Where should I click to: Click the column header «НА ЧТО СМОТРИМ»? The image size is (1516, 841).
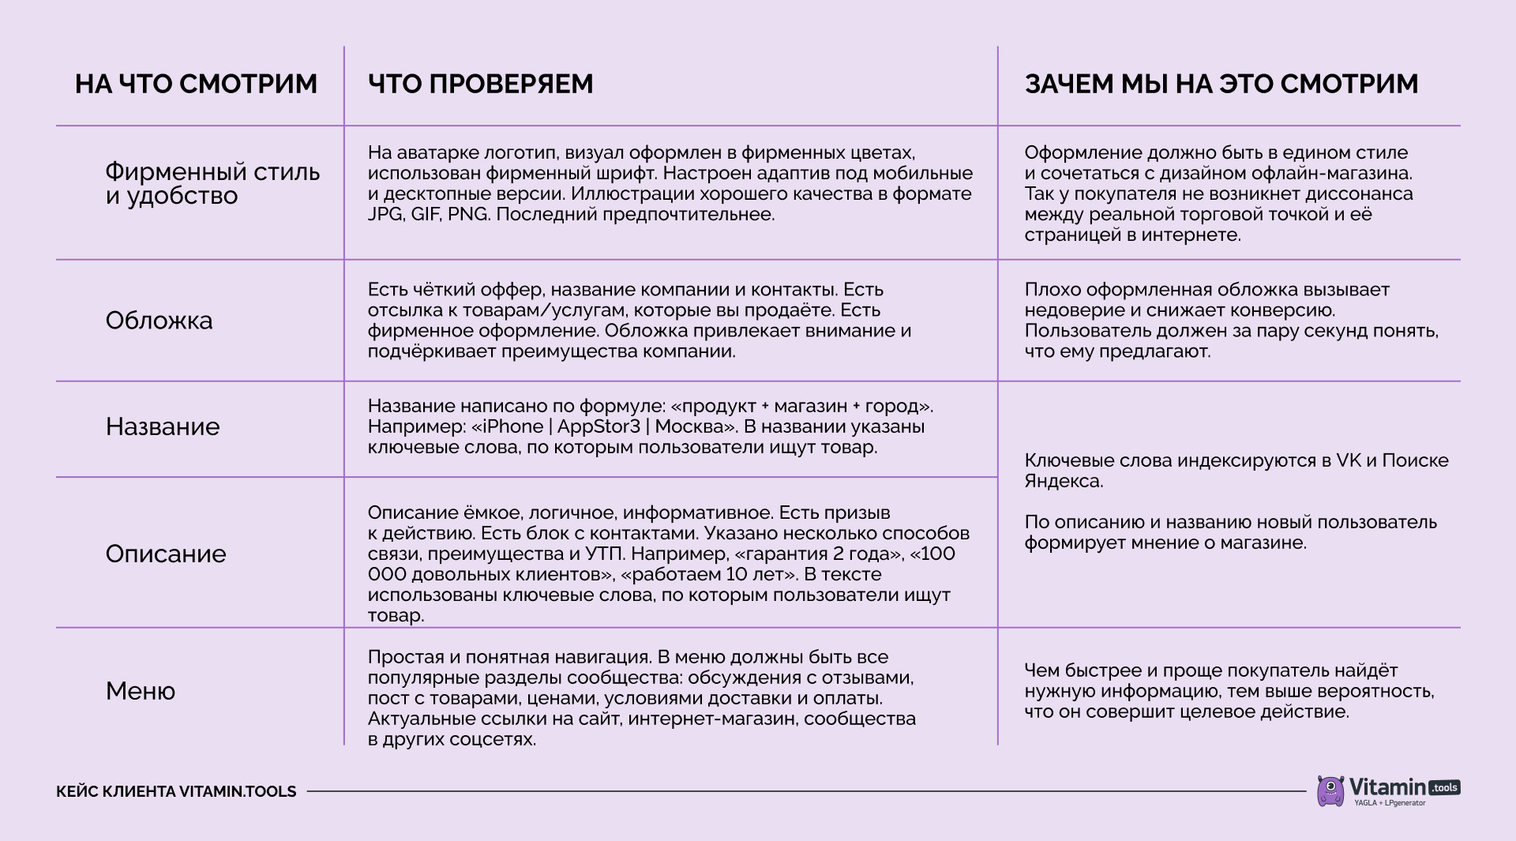click(196, 84)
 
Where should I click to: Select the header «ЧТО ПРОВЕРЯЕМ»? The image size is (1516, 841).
click(480, 84)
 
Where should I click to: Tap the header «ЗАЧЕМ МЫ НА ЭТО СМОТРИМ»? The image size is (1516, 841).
click(1221, 84)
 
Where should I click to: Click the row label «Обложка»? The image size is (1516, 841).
click(159, 321)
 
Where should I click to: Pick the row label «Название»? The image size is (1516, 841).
click(163, 426)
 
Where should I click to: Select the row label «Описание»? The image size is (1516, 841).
click(166, 554)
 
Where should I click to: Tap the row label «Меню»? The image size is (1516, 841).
click(141, 691)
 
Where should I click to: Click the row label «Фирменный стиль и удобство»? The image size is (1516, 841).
click(212, 183)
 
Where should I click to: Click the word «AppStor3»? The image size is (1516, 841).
click(599, 427)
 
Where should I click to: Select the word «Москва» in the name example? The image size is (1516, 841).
click(690, 427)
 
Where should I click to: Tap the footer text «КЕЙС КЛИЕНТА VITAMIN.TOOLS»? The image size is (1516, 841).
click(176, 791)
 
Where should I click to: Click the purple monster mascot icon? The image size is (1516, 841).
click(1330, 790)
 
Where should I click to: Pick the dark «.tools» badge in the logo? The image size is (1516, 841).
click(1444, 788)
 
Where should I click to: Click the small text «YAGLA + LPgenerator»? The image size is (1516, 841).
click(1390, 804)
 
